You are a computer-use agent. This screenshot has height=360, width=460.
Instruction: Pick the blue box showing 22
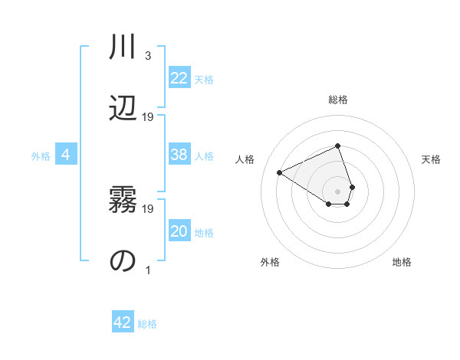[x=179, y=78]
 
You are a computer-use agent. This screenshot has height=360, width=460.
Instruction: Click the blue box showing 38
[x=179, y=155]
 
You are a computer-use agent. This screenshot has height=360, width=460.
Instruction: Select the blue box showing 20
[x=179, y=231]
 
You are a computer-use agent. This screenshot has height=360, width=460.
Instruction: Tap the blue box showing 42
[x=123, y=322]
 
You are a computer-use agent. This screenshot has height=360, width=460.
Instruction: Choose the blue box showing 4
[x=66, y=155]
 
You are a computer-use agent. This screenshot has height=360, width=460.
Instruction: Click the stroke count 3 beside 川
[x=148, y=56]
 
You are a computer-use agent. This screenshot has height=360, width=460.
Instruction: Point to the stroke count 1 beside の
[x=148, y=270]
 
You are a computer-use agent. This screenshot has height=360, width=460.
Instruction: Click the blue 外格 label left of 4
[x=41, y=156]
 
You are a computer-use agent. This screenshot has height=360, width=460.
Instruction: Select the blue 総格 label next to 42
[x=147, y=324]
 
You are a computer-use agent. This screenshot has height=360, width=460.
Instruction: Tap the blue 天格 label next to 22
[x=204, y=79]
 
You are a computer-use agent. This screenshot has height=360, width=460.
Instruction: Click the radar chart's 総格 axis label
[x=338, y=100]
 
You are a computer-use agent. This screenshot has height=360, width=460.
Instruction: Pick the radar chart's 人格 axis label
[x=245, y=159]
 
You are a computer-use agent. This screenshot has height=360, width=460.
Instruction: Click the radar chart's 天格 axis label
[x=431, y=159]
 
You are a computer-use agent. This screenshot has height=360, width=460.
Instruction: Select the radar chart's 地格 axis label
[x=402, y=262]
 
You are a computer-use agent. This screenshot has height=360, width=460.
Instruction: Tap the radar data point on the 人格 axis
[x=280, y=172]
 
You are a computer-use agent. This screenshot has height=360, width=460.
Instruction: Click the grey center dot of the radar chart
[x=337, y=191]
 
